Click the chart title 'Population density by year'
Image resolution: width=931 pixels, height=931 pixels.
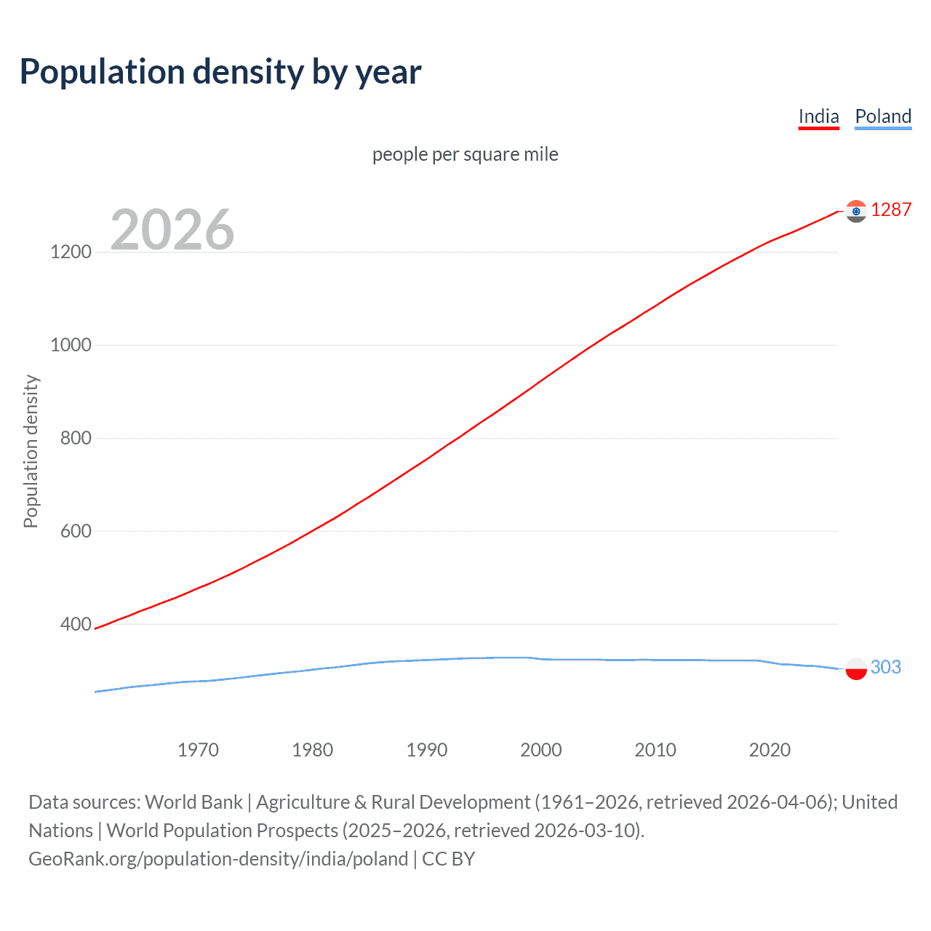220,72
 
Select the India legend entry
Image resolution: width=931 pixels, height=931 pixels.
818,116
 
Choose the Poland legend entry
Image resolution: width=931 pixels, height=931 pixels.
883,116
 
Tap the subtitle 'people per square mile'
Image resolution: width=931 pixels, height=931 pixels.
465,154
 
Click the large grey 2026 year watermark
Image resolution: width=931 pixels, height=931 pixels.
172,230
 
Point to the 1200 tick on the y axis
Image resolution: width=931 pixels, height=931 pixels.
71,252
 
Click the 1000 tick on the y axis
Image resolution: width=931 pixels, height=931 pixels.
71,345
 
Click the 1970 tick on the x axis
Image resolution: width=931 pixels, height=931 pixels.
198,750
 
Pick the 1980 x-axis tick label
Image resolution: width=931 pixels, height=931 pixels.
312,750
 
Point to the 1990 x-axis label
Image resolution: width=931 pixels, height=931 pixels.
427,750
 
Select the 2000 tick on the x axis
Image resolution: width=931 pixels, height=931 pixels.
541,750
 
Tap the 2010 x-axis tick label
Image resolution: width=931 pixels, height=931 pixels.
655,750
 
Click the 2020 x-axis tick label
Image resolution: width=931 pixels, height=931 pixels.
770,750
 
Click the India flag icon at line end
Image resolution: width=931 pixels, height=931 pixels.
856,211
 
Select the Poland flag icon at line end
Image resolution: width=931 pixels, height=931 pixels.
856,668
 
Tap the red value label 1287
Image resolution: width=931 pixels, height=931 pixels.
891,210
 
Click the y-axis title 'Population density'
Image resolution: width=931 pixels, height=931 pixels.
31,451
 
